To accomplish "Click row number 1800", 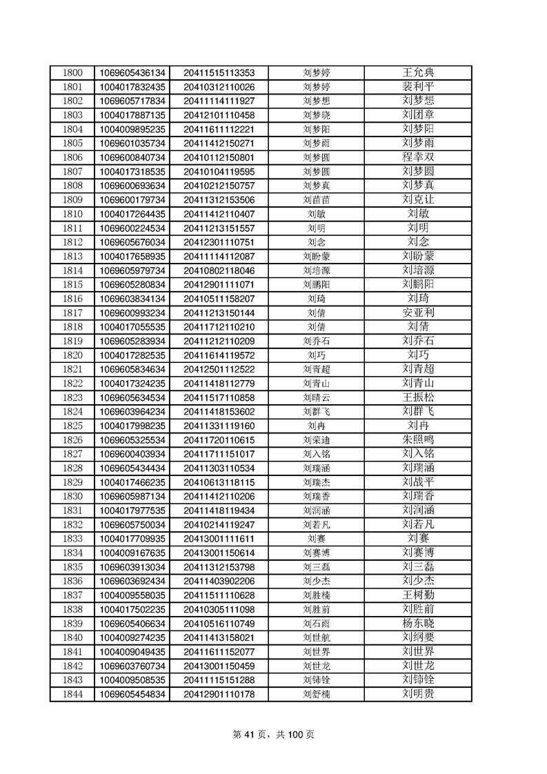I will pyautogui.click(x=72, y=72).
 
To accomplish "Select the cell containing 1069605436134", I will pyautogui.click(x=132, y=72).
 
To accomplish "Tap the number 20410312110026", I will pyautogui.click(x=219, y=87).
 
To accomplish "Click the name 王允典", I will pyautogui.click(x=418, y=72).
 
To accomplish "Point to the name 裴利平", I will pyautogui.click(x=418, y=87).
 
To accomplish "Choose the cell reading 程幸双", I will pyautogui.click(x=418, y=157).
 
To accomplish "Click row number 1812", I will pyautogui.click(x=72, y=242).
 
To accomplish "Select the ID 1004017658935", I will pyautogui.click(x=132, y=256).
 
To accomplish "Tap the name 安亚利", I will pyautogui.click(x=418, y=312).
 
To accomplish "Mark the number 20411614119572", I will pyautogui.click(x=219, y=355).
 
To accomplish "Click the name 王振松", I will pyautogui.click(x=418, y=397).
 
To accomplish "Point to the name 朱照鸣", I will pyautogui.click(x=418, y=439).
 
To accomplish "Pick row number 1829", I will pyautogui.click(x=72, y=482).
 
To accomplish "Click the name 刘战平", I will pyautogui.click(x=418, y=482).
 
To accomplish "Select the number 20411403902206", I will pyautogui.click(x=219, y=581).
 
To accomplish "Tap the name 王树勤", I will pyautogui.click(x=418, y=595).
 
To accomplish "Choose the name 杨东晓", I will pyautogui.click(x=418, y=623).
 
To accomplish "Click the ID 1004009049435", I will pyautogui.click(x=132, y=651).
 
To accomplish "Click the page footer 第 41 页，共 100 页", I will pyautogui.click(x=274, y=735).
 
